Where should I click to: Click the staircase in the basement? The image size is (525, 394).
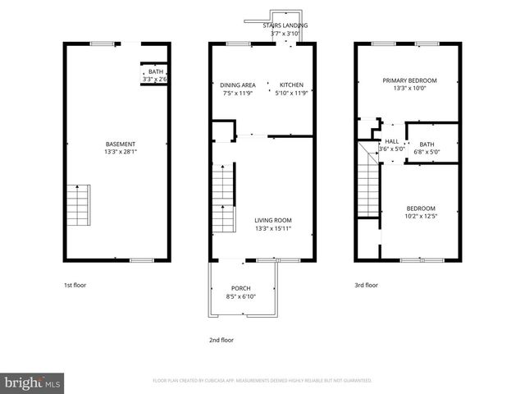click(78, 206)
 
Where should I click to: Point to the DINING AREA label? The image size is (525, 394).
click(237, 85)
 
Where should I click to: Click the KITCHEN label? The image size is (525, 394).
click(291, 85)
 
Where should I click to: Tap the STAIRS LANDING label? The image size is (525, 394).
click(285, 25)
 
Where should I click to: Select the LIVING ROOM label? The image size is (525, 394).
click(272, 220)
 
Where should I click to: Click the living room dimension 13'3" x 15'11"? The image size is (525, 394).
click(272, 229)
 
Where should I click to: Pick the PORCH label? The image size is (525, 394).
click(240, 288)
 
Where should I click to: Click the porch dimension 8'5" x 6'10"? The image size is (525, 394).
click(240, 296)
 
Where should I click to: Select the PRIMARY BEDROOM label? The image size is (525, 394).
click(409, 80)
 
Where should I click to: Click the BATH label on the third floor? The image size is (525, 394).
click(427, 144)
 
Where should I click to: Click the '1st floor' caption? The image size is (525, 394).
click(75, 286)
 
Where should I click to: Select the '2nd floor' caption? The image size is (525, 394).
click(221, 340)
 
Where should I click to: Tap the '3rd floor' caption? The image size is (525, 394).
click(366, 286)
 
